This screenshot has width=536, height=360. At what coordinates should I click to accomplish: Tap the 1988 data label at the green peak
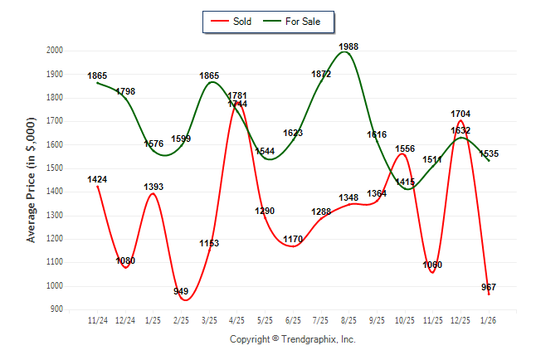coord(348,47)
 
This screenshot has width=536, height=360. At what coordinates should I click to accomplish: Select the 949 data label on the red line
coord(181,291)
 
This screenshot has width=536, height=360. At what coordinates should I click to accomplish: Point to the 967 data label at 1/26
coord(489,287)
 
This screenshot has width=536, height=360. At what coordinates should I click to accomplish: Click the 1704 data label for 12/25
coord(460,114)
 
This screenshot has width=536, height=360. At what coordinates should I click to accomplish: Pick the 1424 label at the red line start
coord(97,179)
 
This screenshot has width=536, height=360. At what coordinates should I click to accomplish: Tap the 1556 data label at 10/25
coord(405,149)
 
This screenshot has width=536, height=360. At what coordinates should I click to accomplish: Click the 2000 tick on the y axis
coord(55,51)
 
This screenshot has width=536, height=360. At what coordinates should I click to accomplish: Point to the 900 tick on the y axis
coord(57,309)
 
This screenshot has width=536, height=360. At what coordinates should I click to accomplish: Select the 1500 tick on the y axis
coord(55,168)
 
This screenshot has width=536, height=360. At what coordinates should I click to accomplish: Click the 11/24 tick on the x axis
coord(97,319)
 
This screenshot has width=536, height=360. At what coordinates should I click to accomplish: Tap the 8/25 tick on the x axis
coord(348,319)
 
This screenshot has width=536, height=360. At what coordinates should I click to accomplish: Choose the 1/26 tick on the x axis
coord(489,319)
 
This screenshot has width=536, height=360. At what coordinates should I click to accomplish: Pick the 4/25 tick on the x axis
coord(237,319)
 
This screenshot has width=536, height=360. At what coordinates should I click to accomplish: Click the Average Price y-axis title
coord(32,180)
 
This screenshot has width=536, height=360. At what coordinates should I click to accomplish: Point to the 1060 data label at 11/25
coord(432,265)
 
